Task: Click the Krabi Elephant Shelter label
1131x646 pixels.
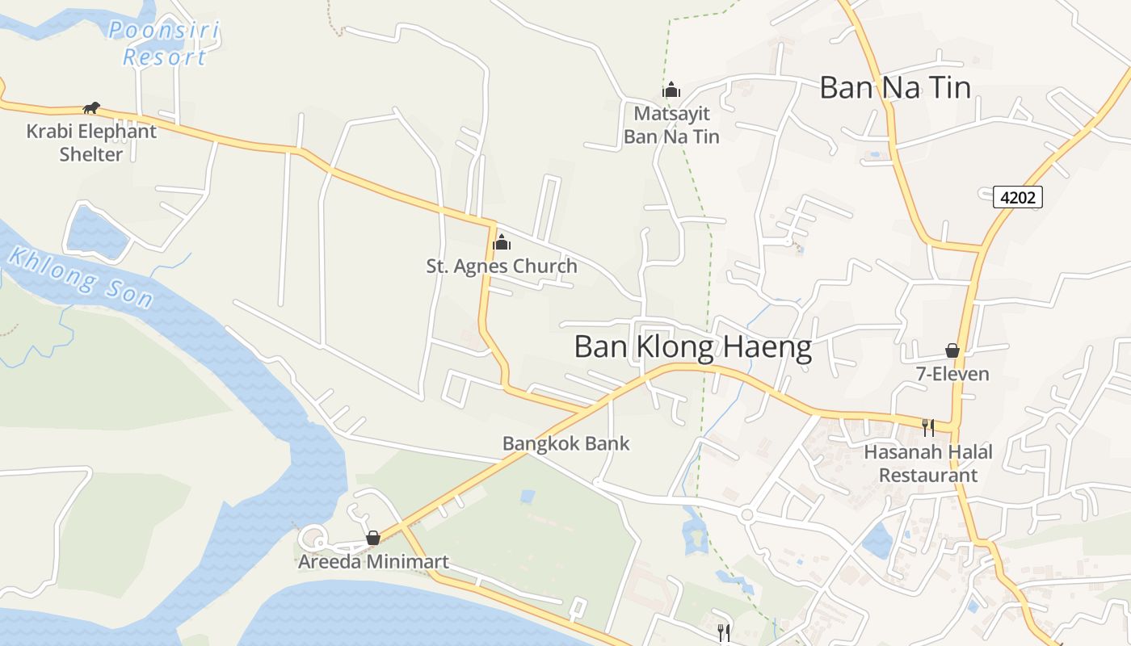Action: point(91,142)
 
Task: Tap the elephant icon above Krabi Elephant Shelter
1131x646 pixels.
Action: point(91,108)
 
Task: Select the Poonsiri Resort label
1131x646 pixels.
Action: point(164,44)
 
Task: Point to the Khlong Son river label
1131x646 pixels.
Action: point(80,277)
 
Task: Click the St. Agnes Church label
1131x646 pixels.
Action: point(502,266)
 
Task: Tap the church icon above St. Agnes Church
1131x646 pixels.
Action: point(502,241)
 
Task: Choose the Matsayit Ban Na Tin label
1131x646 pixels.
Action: point(671,125)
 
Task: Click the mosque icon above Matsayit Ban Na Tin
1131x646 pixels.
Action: point(671,90)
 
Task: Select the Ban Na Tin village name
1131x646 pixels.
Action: point(895,87)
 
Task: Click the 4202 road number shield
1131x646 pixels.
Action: point(1017,196)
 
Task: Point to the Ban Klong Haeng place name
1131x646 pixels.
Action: point(692,347)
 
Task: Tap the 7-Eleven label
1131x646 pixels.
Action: point(952,374)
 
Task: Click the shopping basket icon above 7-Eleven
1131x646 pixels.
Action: point(952,350)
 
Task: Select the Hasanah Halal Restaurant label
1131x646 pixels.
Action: point(928,464)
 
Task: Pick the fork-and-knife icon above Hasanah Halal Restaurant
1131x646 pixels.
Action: point(928,427)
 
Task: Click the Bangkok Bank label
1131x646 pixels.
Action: point(565,443)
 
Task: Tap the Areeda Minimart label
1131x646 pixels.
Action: point(373,561)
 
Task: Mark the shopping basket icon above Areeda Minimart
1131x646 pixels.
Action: point(373,538)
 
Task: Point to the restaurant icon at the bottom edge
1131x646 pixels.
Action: point(724,632)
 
